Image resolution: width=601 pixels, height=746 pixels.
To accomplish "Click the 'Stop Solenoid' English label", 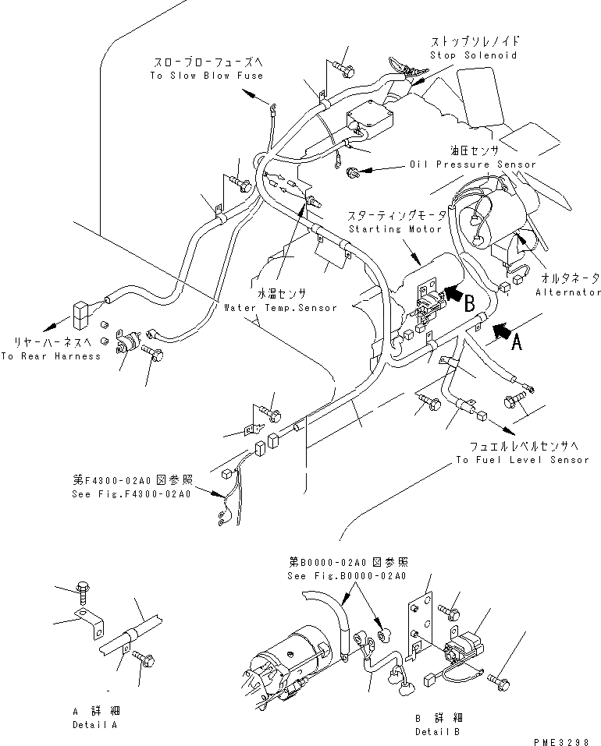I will [473, 55].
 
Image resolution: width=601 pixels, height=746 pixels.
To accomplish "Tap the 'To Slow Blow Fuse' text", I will [207, 76].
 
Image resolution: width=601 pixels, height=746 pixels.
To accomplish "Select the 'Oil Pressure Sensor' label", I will [473, 164].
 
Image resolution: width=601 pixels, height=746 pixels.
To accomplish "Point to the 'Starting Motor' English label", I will [397, 229].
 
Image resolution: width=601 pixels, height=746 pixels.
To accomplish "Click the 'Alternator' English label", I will [568, 292].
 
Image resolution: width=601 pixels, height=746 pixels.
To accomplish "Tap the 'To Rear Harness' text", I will [51, 356].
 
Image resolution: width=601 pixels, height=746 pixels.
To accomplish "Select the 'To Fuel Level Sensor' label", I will [523, 460].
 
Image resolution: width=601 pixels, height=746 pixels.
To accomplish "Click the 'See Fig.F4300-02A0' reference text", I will [130, 495].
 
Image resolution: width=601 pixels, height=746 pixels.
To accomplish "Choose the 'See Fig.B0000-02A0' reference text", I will [347, 576].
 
